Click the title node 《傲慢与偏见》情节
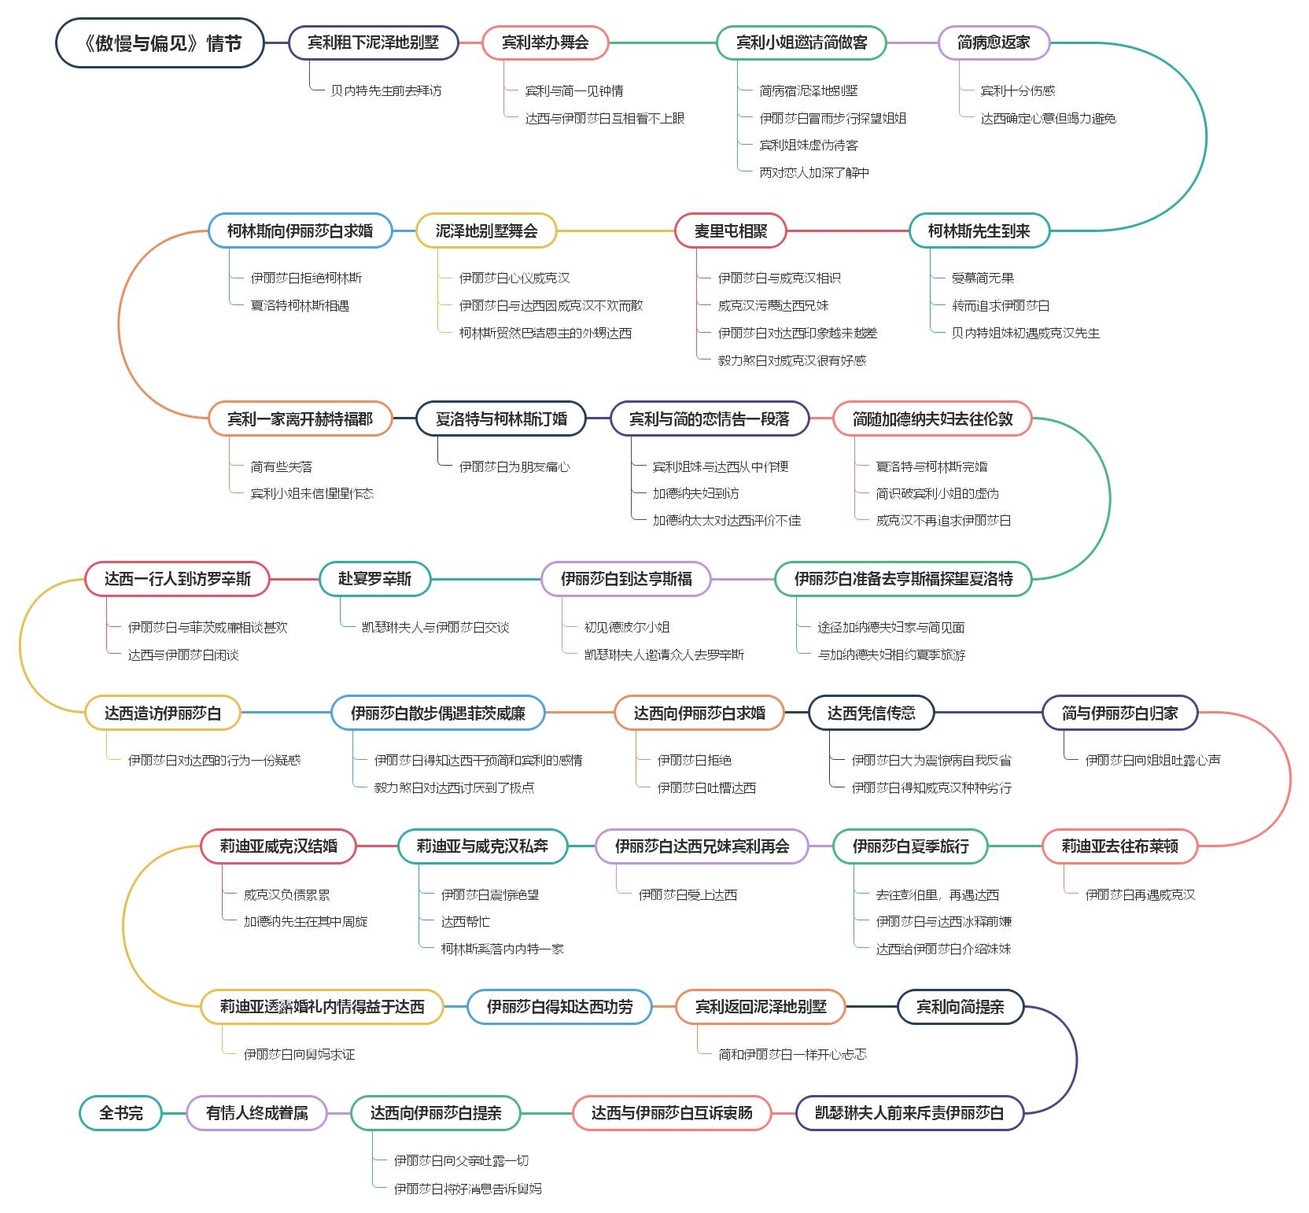(160, 42)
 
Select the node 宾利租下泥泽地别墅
(373, 42)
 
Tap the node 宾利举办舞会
(545, 42)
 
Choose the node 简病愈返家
(994, 42)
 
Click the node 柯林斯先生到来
(979, 231)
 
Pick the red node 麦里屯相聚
(731, 231)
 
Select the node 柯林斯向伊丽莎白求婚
(300, 231)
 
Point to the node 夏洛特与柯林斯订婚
(501, 419)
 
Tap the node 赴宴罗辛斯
(374, 579)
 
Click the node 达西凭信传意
(872, 713)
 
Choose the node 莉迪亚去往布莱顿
(1120, 846)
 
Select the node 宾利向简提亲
(961, 1007)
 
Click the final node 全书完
(121, 1113)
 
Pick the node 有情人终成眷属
(256, 1113)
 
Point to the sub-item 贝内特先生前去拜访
(386, 90)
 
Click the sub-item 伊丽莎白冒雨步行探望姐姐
(833, 118)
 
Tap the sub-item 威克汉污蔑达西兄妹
(773, 306)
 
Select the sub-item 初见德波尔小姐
(627, 628)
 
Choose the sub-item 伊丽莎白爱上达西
(688, 895)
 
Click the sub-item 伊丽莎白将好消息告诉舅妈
(467, 1189)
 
